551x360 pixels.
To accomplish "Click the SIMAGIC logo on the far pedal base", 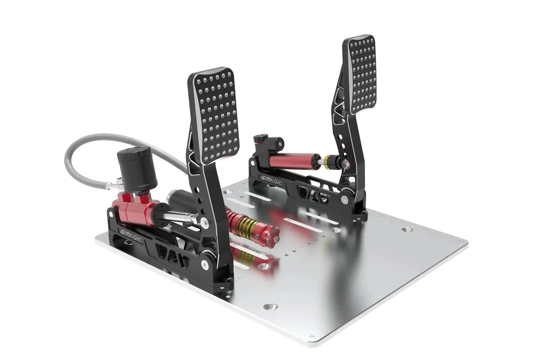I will pyautogui.click(x=271, y=180).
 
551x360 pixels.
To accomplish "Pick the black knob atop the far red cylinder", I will pyautogui.click(x=261, y=137).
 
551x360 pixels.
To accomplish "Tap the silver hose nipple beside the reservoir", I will pyautogui.click(x=111, y=186).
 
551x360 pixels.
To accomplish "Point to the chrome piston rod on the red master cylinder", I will pyautogui.click(x=180, y=218).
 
